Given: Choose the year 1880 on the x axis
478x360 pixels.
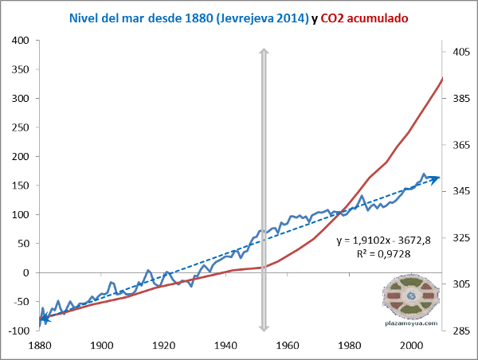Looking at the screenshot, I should [39, 346].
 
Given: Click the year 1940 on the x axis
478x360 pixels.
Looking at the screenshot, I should [225, 346].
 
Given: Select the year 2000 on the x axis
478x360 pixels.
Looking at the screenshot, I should [411, 346].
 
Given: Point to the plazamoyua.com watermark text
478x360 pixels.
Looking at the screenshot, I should [411, 323].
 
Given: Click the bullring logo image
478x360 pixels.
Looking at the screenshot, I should [411, 295].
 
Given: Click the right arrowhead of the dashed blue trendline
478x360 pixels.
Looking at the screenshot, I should [436, 178].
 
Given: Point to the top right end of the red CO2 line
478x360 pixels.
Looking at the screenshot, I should [442, 78].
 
